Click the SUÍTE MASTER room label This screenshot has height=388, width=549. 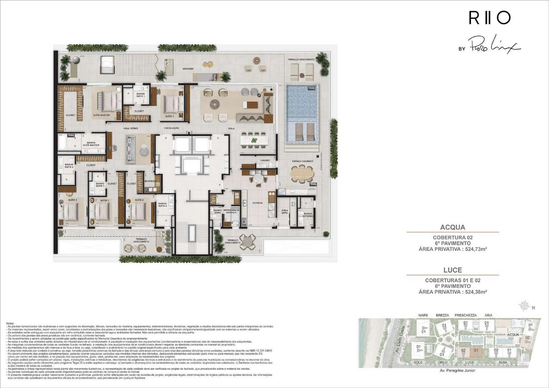[x=101, y=115]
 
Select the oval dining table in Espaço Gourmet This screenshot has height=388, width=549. [x=302, y=174]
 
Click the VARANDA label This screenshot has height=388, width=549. [x=188, y=69]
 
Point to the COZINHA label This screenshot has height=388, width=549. [x=257, y=203]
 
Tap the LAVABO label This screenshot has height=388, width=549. [x=265, y=160]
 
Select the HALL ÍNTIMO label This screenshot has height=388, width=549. [x=131, y=128]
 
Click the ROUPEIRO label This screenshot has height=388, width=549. [x=150, y=181]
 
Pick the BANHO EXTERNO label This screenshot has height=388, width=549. [x=308, y=215]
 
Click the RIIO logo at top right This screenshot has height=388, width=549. [x=490, y=18]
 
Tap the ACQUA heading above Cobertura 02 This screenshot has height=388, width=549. [x=453, y=227]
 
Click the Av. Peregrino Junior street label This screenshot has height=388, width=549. [x=457, y=371]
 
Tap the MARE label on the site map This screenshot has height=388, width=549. [x=423, y=315]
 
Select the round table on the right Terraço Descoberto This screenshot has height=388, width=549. [x=247, y=242]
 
